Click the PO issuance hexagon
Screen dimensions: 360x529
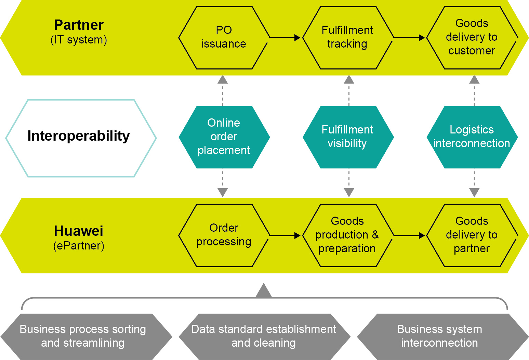click(x=224, y=38)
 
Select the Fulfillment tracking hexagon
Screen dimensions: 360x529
click(x=348, y=38)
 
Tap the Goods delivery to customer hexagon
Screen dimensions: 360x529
click(x=472, y=38)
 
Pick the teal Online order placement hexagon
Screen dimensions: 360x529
click(x=224, y=137)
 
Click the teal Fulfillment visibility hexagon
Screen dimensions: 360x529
click(x=348, y=137)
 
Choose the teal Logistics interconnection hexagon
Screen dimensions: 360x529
click(x=472, y=137)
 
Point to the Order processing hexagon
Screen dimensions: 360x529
click(x=224, y=235)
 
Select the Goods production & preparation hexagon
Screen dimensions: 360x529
click(x=348, y=235)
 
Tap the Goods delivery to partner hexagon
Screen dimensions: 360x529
click(x=472, y=235)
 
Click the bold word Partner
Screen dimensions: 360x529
click(x=79, y=25)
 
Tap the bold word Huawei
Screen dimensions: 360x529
click(x=79, y=231)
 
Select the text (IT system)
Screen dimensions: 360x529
click(x=79, y=40)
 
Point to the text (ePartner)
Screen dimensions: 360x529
click(x=79, y=246)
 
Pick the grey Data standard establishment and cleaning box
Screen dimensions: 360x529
click(x=264, y=336)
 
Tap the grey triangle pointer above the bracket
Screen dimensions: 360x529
click(x=264, y=291)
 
